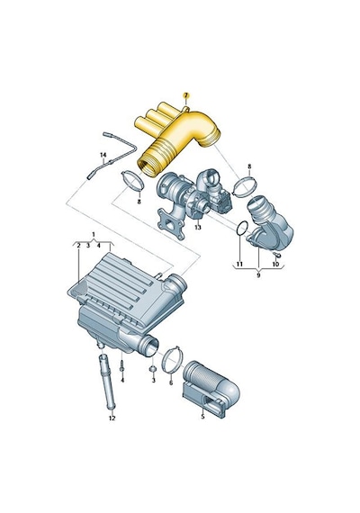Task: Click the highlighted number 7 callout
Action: (x=185, y=95)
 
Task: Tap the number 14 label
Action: (x=103, y=154)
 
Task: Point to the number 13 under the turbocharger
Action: (x=198, y=227)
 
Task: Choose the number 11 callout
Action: (x=239, y=264)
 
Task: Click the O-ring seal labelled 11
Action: (x=242, y=228)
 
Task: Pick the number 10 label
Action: (x=275, y=264)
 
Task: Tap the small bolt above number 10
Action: (x=274, y=255)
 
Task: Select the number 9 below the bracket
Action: (x=258, y=275)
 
